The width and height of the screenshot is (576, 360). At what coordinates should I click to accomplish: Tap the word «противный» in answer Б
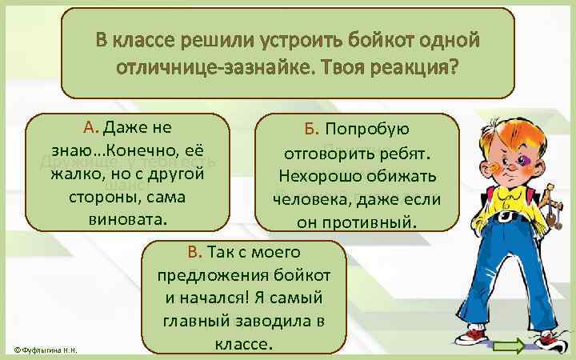pos(378,221)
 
